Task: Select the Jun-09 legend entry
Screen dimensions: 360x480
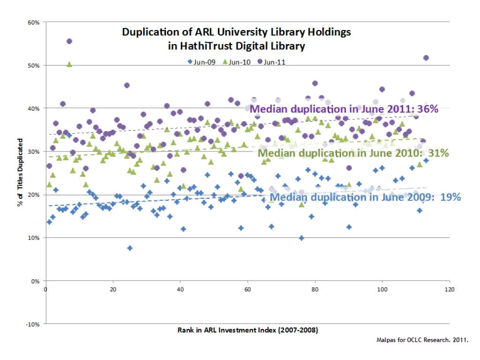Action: pos(202,62)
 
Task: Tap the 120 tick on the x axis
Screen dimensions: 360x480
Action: pos(450,289)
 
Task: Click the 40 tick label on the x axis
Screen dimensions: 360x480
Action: pos(180,289)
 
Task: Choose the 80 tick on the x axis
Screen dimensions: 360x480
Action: pos(315,289)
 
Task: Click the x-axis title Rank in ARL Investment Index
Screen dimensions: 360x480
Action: pos(247,330)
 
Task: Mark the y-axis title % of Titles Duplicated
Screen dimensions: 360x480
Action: pos(20,172)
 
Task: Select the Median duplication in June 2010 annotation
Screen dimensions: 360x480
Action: pos(353,153)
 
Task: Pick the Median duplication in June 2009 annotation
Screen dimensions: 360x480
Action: pos(365,197)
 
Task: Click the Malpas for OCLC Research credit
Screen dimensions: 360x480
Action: pos(422,339)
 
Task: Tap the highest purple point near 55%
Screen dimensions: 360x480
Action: pos(69,41)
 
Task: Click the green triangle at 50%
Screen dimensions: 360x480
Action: pos(69,64)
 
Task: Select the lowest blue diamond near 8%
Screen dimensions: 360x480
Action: pos(130,248)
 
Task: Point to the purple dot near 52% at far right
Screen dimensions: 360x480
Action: pos(426,58)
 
